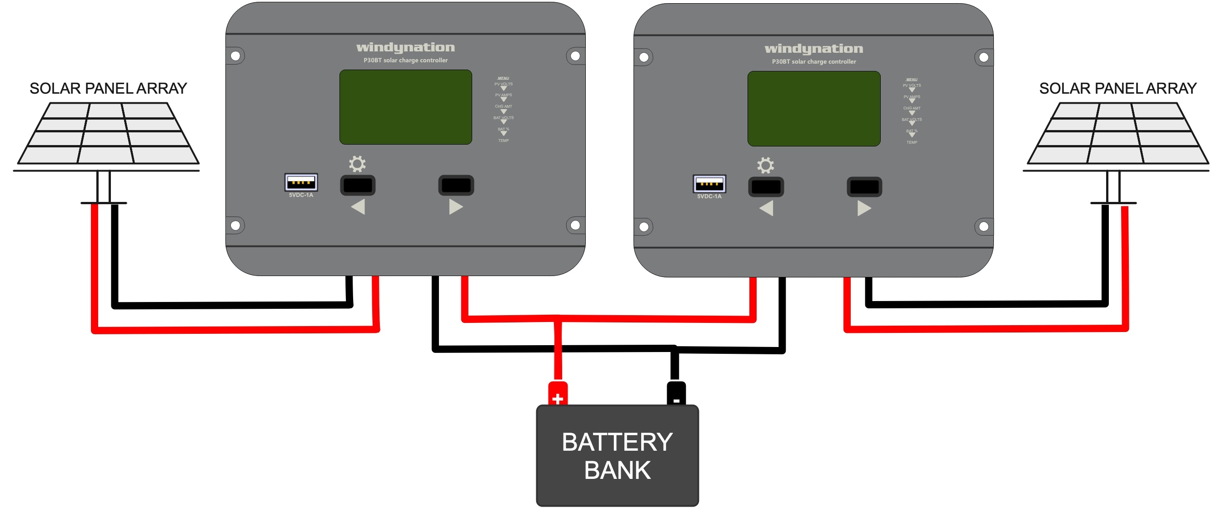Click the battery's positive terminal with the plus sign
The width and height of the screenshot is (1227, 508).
click(558, 394)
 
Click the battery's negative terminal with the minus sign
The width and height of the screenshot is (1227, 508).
click(676, 394)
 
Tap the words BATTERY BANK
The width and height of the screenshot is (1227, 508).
click(617, 456)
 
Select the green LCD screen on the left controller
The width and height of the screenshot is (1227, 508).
click(405, 107)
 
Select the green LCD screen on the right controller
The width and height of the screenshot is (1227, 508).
click(813, 108)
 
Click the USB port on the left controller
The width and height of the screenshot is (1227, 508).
click(301, 182)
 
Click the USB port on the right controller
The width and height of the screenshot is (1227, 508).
click(709, 183)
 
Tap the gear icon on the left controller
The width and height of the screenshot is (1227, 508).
click(357, 164)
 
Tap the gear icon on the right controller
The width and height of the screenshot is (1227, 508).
click(765, 166)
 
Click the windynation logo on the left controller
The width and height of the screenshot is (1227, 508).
click(405, 48)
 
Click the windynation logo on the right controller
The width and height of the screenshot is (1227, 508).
click(813, 49)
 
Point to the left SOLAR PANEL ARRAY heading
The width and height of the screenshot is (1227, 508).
click(108, 89)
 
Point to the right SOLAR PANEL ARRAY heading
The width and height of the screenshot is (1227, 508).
click(1117, 89)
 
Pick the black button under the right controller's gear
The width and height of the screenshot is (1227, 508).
click(766, 187)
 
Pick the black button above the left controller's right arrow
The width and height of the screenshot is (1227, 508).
click(456, 186)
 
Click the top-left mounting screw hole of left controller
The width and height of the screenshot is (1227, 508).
click(235, 56)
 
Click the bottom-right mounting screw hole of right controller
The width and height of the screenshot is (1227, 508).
click(983, 226)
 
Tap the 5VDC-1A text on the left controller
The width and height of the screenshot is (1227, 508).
click(301, 195)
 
